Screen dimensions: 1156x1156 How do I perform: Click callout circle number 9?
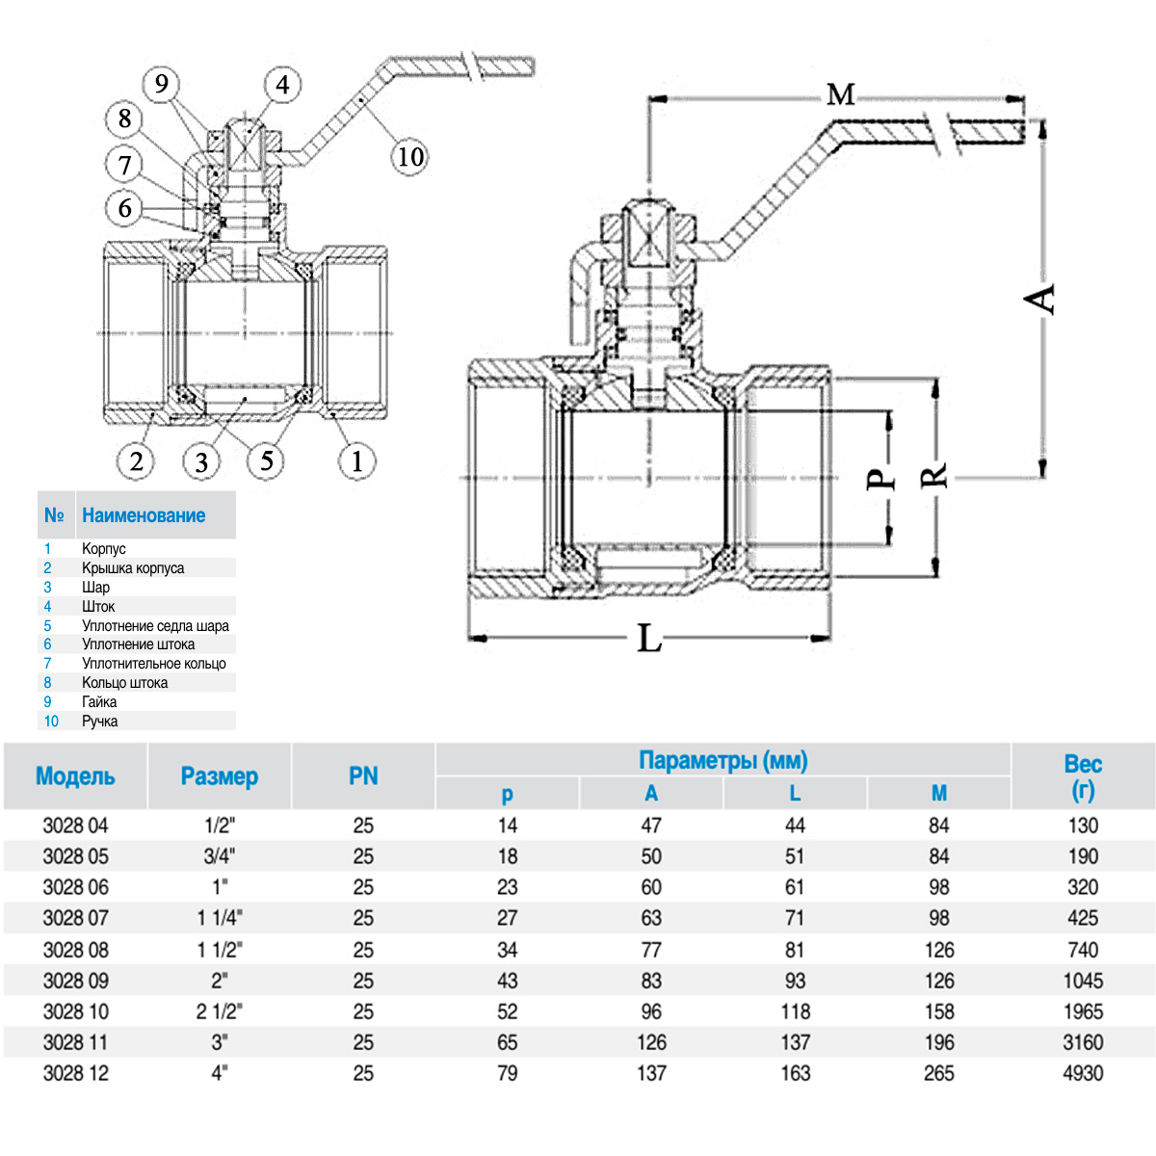coord(162,85)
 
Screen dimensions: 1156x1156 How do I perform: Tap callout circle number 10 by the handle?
coord(410,156)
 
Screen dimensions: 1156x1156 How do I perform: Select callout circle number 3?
coord(200,462)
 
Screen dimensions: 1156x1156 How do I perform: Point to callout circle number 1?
coord(356,461)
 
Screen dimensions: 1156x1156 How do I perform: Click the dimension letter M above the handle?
coord(840,94)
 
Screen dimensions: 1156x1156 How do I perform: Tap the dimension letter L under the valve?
coord(649,638)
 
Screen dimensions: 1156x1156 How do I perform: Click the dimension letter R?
coord(934,476)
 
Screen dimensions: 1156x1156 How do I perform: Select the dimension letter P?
coord(880,479)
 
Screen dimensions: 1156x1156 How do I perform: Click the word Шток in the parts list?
coord(98,606)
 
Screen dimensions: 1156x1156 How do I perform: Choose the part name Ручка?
coord(99,721)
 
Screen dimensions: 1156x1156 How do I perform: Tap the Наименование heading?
coord(144,515)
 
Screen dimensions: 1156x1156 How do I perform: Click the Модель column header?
coord(75,776)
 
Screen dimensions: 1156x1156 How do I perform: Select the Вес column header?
coord(1083,776)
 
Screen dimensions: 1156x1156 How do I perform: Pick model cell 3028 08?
coord(75,950)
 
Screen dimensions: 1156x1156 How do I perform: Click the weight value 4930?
coord(1083,1073)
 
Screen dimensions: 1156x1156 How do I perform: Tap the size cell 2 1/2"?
coord(220,1011)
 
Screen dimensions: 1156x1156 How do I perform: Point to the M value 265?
coord(939,1073)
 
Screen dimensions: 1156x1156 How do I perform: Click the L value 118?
coord(795,1011)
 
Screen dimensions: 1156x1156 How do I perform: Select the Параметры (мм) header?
coord(722,761)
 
